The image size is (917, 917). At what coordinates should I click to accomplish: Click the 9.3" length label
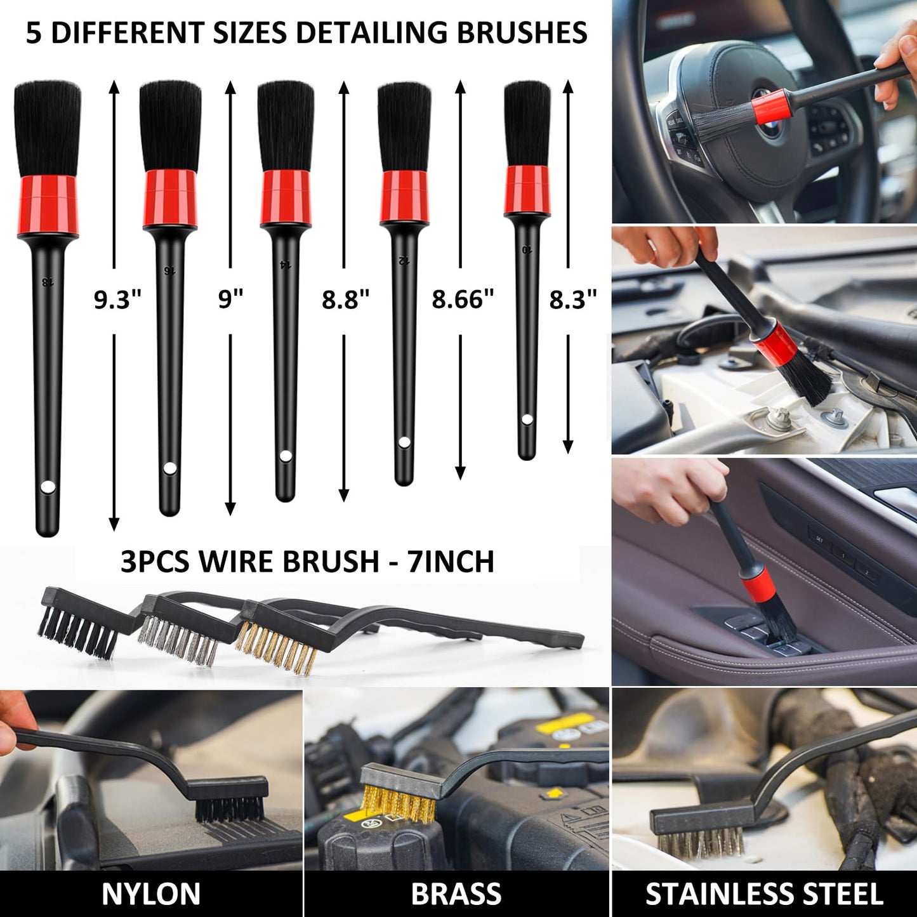(x=117, y=300)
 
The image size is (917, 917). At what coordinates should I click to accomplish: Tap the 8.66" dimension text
(x=463, y=300)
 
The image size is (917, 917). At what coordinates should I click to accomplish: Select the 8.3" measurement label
(x=573, y=300)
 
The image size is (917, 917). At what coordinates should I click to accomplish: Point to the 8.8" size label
(x=345, y=300)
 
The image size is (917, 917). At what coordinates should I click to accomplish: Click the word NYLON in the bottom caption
(x=151, y=894)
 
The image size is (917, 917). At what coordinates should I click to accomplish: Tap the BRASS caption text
(x=456, y=894)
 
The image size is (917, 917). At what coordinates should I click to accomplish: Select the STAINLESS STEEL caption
(x=764, y=894)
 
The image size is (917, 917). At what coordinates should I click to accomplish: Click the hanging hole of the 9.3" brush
(x=47, y=487)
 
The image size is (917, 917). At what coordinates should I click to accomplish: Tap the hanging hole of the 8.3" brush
(x=527, y=419)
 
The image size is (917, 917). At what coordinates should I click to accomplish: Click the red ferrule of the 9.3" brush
(x=47, y=204)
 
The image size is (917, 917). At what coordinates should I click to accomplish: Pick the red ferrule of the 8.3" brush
(x=527, y=190)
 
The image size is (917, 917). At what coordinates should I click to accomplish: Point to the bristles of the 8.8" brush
(x=285, y=127)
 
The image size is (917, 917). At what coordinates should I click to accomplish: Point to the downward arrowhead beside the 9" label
(x=230, y=509)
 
